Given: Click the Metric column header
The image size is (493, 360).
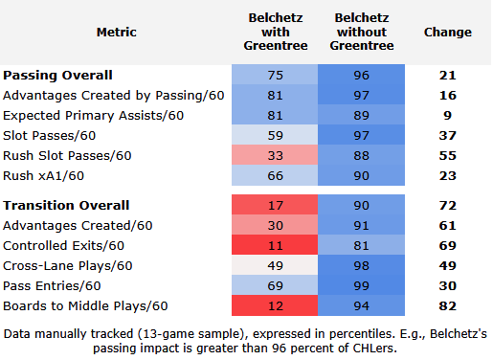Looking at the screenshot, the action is pyautogui.click(x=117, y=32).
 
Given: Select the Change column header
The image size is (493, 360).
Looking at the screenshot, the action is pyautogui.click(x=448, y=32).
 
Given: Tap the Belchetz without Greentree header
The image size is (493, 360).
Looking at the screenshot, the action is pyautogui.click(x=362, y=32).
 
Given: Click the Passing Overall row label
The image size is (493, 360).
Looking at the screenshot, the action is pyautogui.click(x=57, y=76).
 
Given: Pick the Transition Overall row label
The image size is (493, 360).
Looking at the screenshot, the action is pyautogui.click(x=66, y=205).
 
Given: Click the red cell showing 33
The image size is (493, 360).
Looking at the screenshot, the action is pyautogui.click(x=275, y=155).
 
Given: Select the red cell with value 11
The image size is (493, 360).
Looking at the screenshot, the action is pyautogui.click(x=275, y=245).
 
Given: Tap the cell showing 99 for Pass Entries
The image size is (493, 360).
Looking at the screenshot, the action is pyautogui.click(x=361, y=285).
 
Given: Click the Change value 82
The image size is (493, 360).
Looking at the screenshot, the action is pyautogui.click(x=447, y=305).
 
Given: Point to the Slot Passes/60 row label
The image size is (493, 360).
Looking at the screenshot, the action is pyautogui.click(x=50, y=136).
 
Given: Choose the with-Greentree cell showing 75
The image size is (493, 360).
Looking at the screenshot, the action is pyautogui.click(x=275, y=75).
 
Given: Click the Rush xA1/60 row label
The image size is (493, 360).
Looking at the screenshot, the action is pyautogui.click(x=43, y=176).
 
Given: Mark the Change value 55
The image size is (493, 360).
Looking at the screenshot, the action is pyautogui.click(x=447, y=155).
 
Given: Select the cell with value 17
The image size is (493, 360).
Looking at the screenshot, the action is pyautogui.click(x=275, y=205).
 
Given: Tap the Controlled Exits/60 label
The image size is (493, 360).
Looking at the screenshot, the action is pyautogui.click(x=63, y=246).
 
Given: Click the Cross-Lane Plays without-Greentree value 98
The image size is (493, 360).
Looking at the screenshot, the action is pyautogui.click(x=361, y=265).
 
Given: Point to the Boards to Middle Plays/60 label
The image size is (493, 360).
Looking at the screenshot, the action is pyautogui.click(x=85, y=306).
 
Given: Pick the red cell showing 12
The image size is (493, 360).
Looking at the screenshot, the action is pyautogui.click(x=275, y=305).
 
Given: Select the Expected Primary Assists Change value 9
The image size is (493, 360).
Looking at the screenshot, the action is pyautogui.click(x=447, y=115).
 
